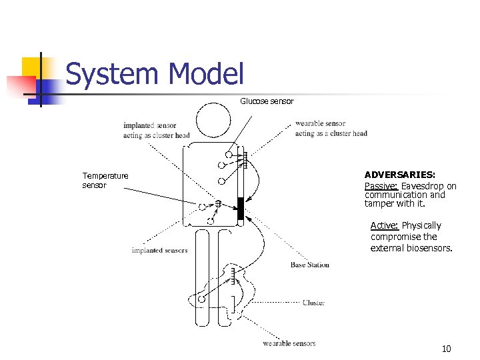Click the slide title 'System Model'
tap(155, 75)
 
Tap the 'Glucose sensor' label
tap(267, 101)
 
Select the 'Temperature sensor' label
tap(105, 181)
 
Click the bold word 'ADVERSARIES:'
tap(399, 174)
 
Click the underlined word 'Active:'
tap(385, 225)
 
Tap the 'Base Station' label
tap(309, 265)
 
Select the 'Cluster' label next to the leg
tap(313, 303)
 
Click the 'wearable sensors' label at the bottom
tap(289, 343)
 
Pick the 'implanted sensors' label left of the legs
tap(159, 251)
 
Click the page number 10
tap(446, 349)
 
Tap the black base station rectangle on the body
tap(241, 208)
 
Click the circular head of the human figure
tap(214, 121)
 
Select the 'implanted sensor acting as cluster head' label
tap(156, 130)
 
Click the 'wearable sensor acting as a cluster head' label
tap(331, 128)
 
